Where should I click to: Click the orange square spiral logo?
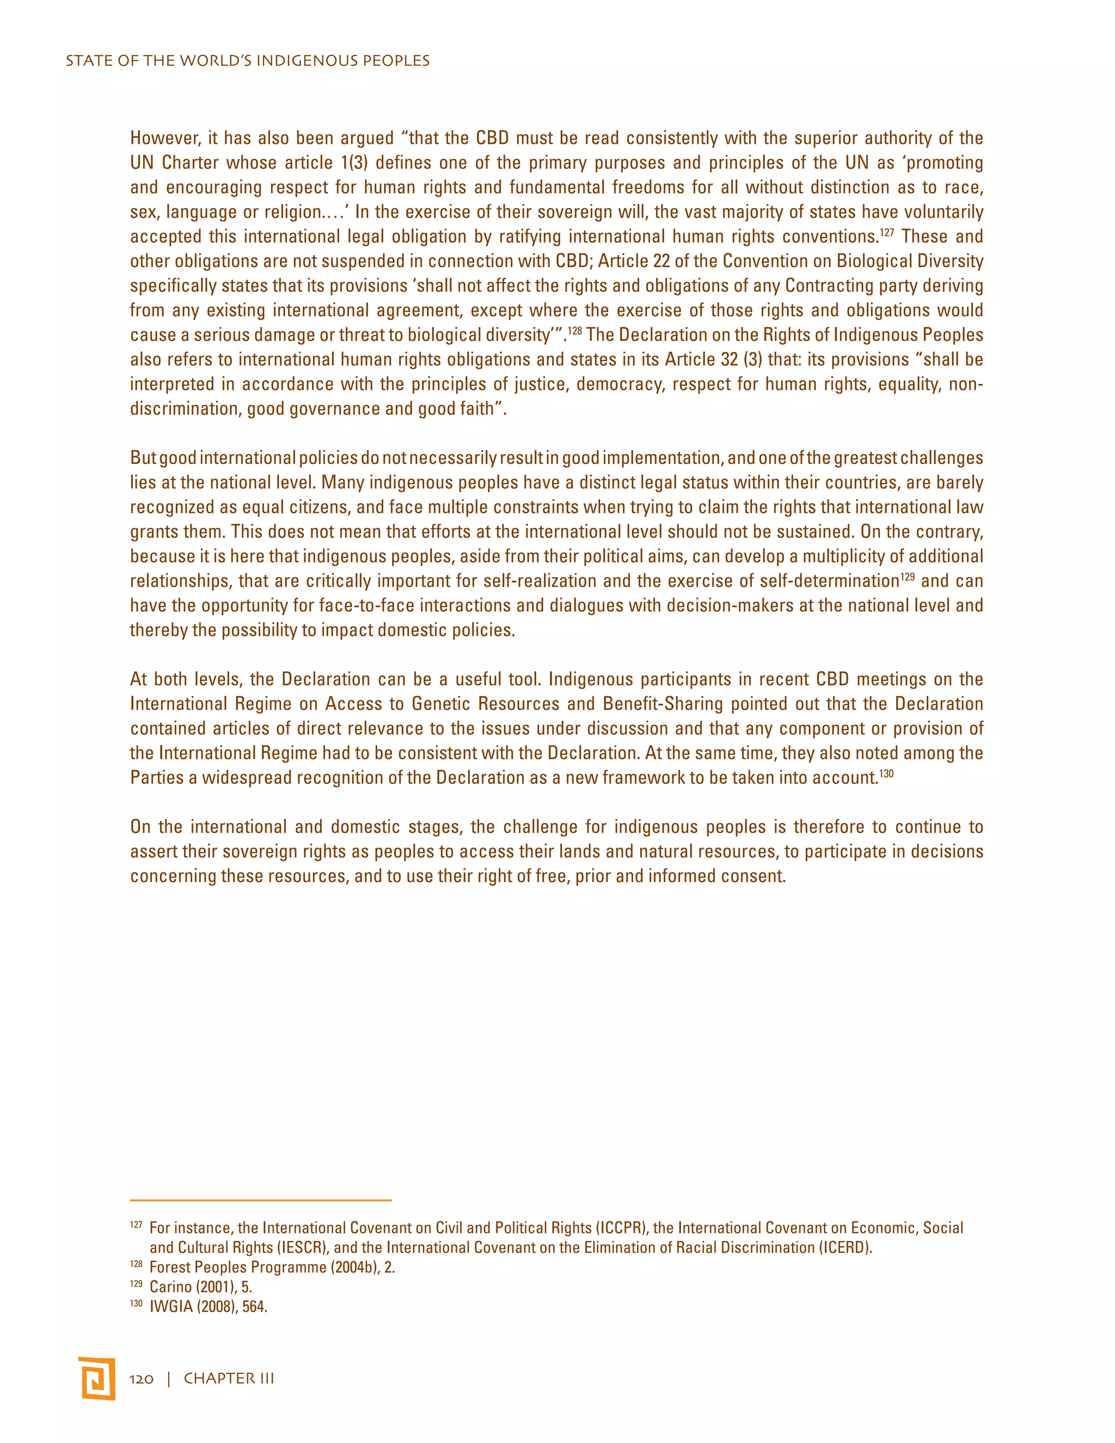(x=96, y=1378)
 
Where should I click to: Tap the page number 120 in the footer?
(x=142, y=1379)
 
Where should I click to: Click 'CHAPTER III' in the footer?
(x=229, y=1379)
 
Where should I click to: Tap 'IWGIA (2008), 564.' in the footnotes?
(x=208, y=1306)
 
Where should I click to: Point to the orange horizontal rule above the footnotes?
(x=261, y=1199)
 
